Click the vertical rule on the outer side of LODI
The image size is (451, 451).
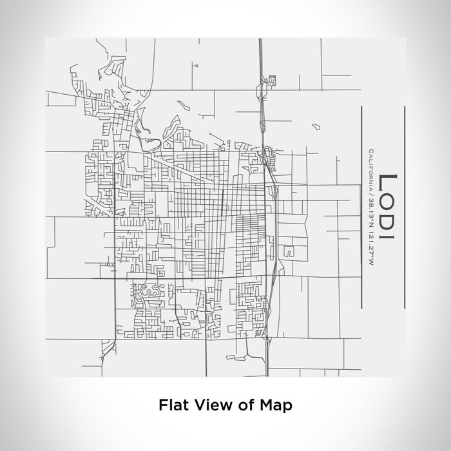(404, 207)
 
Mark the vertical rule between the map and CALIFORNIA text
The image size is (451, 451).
(361, 207)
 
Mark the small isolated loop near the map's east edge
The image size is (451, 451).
(314, 126)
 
